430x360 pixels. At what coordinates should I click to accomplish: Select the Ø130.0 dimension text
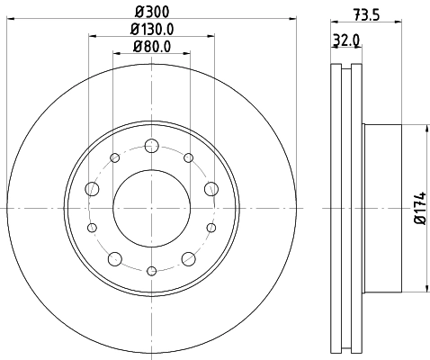pos(151,30)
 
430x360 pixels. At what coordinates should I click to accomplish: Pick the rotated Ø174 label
pos(418,207)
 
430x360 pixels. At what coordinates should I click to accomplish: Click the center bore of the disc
pos(151,207)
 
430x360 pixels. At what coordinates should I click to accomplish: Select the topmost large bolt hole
pos(151,145)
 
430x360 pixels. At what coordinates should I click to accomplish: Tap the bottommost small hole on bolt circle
pos(151,269)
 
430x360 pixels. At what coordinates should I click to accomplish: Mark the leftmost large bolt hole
pos(92,189)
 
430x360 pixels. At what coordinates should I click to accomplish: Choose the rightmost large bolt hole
pos(211,189)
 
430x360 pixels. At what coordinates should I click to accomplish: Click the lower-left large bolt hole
pos(114,258)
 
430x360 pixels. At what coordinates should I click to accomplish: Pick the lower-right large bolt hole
pos(188,258)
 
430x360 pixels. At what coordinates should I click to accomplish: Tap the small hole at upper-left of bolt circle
pos(114,158)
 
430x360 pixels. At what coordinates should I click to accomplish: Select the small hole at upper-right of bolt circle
pos(188,158)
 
